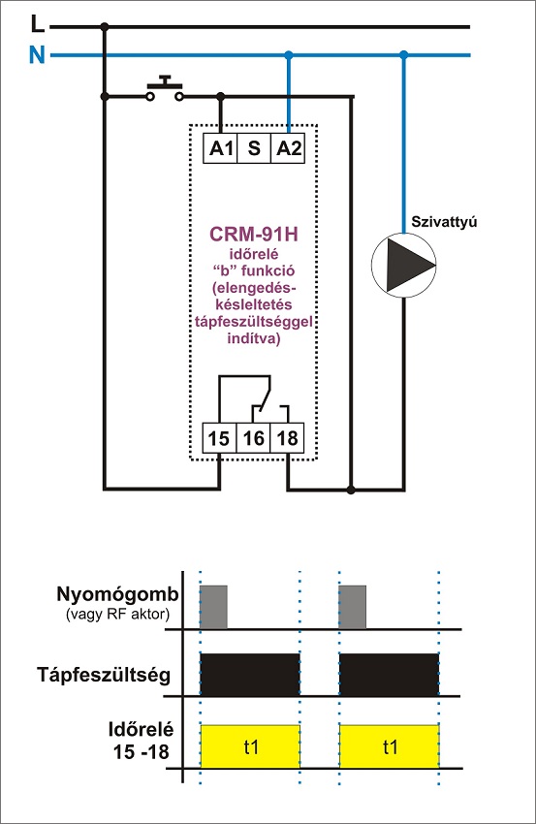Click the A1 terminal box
[x=220, y=148]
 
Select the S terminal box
[x=254, y=148]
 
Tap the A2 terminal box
[x=288, y=148]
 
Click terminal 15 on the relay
[x=220, y=438]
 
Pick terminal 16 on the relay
[x=253, y=438]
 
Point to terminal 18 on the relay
[x=287, y=438]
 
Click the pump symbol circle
[x=403, y=265]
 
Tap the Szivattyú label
[x=444, y=222]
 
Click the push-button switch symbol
[x=165, y=89]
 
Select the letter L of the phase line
[x=37, y=23]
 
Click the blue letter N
[x=37, y=54]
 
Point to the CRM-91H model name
[x=254, y=235]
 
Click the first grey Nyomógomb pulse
[x=214, y=607]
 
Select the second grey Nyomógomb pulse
[x=353, y=607]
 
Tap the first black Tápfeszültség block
[x=250, y=675]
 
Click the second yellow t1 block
[x=390, y=746]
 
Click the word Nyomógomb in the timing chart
[x=117, y=595]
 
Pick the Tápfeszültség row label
[x=104, y=675]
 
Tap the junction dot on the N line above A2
[x=288, y=54]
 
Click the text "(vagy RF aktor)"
[x=117, y=615]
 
